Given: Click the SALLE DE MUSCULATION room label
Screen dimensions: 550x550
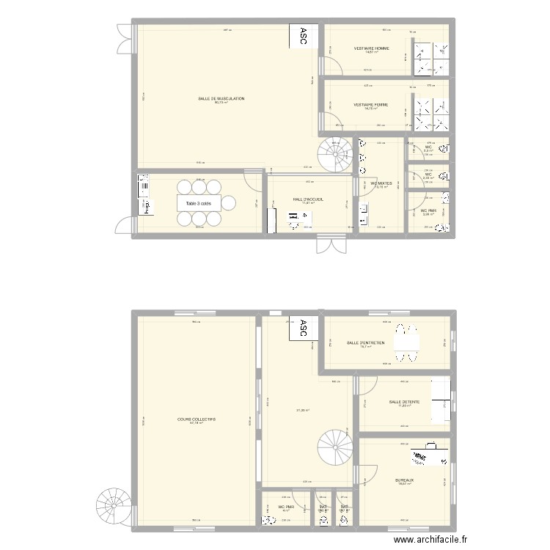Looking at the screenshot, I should pyautogui.click(x=221, y=98).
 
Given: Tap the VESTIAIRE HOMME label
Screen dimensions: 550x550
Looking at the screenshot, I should pyautogui.click(x=371, y=48).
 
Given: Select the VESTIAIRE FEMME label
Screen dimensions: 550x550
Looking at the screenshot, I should pyautogui.click(x=370, y=104).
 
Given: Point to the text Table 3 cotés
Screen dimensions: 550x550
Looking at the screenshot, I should pyautogui.click(x=198, y=204).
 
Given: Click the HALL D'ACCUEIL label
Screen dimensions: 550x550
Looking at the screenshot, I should pyautogui.click(x=308, y=199).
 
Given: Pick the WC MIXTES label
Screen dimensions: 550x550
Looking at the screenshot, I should pyautogui.click(x=381, y=183).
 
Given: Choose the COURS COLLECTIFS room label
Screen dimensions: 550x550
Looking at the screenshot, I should pyautogui.click(x=197, y=419).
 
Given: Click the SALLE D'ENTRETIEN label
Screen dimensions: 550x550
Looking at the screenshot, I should pyautogui.click(x=365, y=342).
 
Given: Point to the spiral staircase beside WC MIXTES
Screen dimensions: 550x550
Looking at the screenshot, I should pyautogui.click(x=336, y=155).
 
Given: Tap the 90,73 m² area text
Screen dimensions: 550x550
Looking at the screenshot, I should pyautogui.click(x=221, y=103).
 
